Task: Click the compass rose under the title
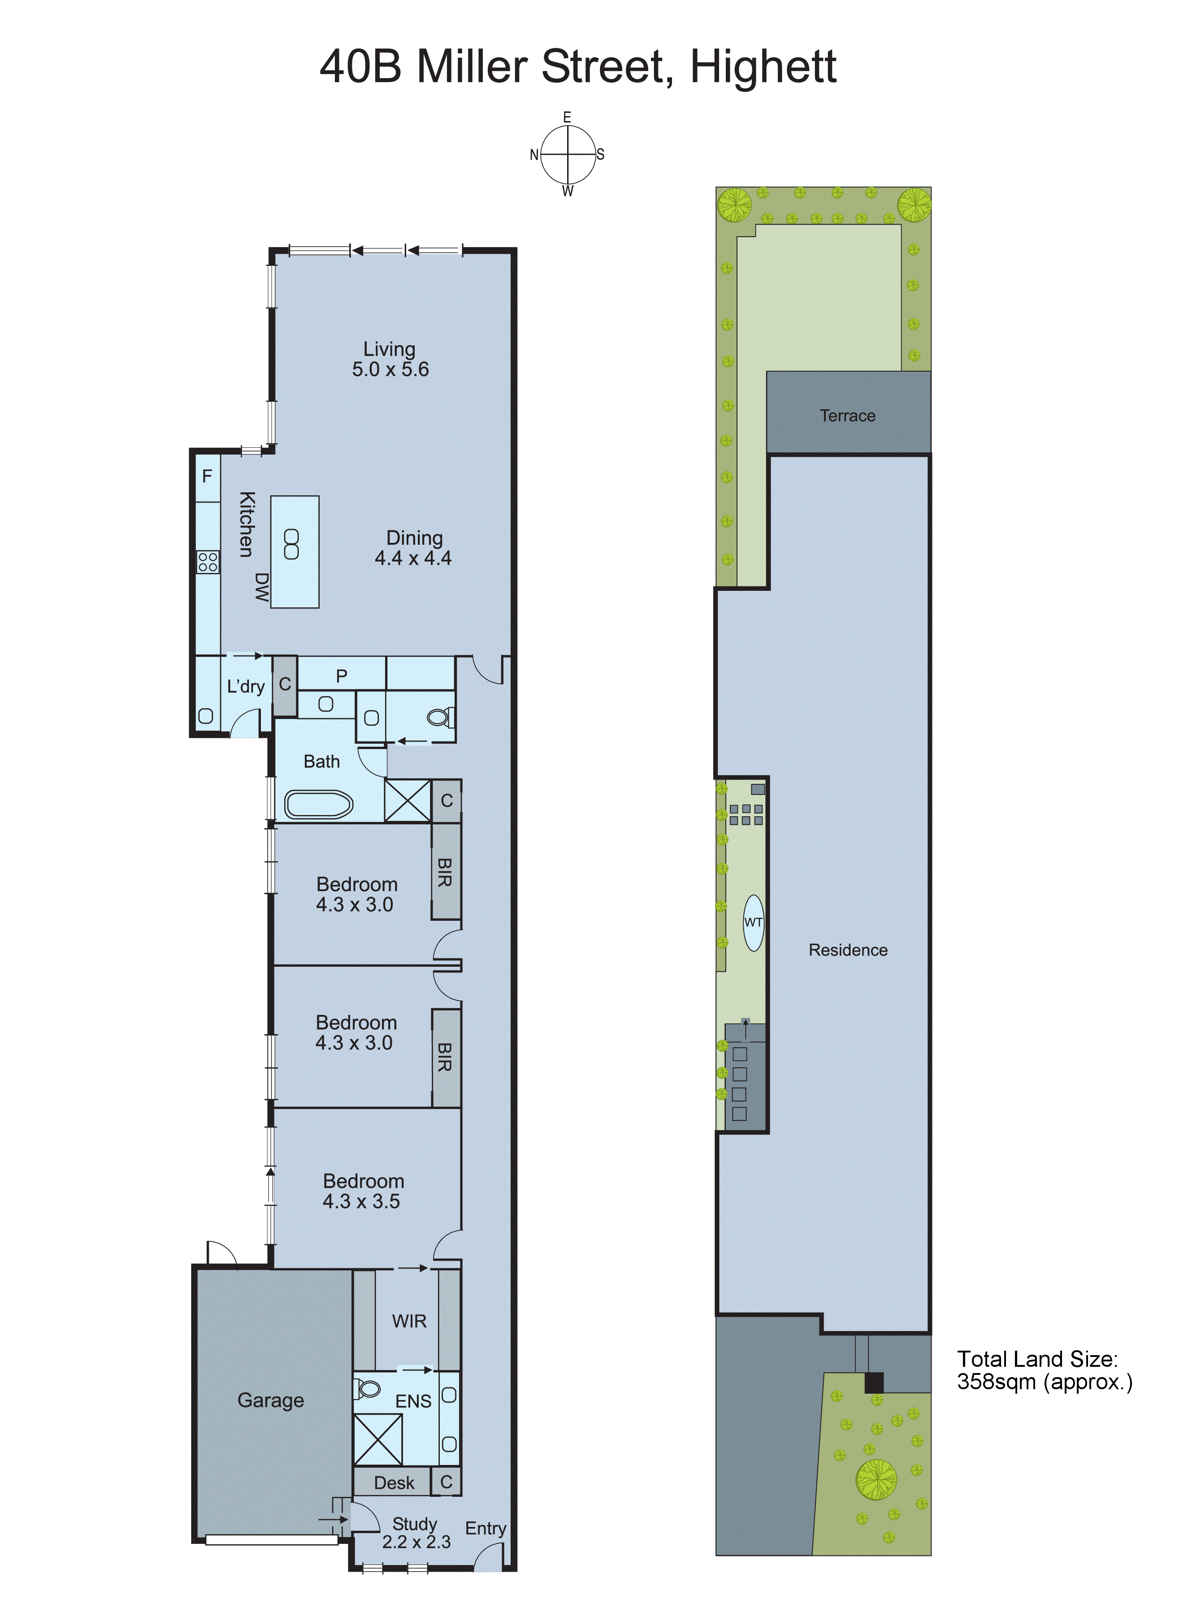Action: coord(568,155)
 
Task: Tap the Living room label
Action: coord(389,350)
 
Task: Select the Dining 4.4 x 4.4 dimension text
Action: coord(413,559)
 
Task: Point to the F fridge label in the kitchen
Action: coord(207,476)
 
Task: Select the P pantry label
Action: coord(342,676)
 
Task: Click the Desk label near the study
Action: coord(394,1482)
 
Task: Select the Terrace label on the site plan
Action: coord(847,416)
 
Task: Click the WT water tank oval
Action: coord(753,923)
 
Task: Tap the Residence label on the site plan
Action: coord(848,950)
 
